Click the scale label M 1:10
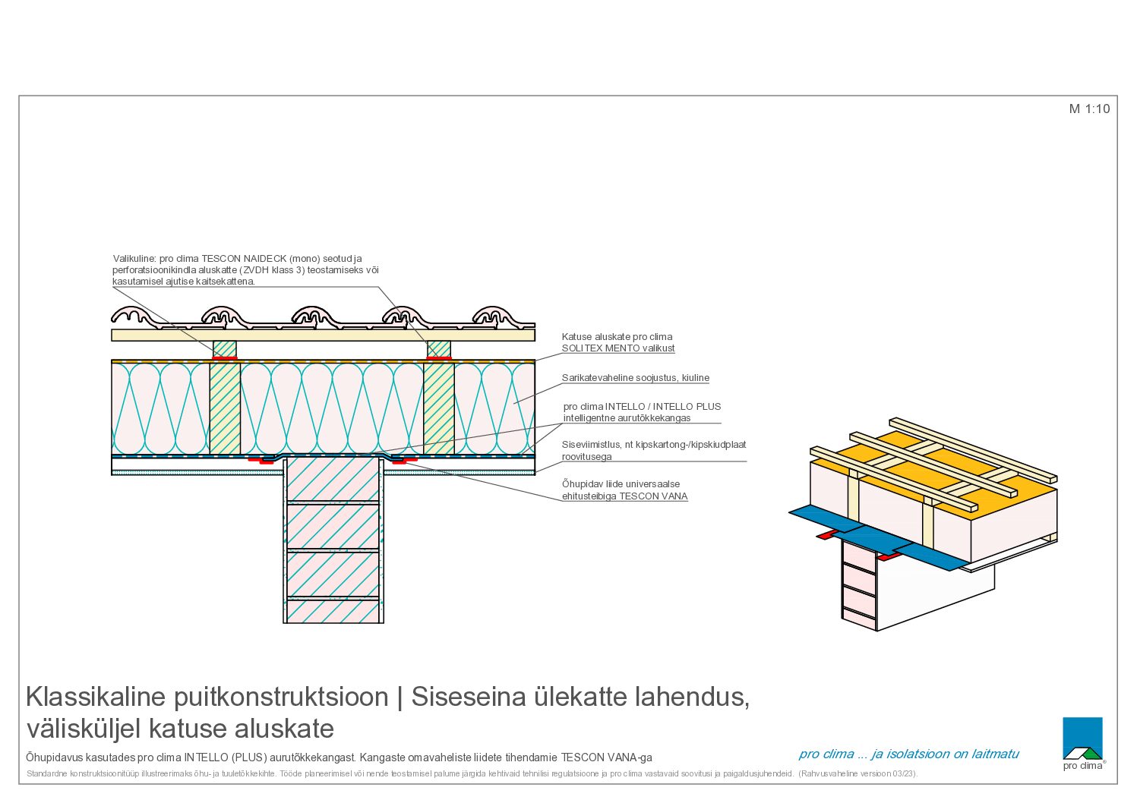click(x=1089, y=109)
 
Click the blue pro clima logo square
click(x=1082, y=738)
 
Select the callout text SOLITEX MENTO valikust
click(x=617, y=348)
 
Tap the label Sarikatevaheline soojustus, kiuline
click(x=635, y=377)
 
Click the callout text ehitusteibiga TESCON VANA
click(x=624, y=496)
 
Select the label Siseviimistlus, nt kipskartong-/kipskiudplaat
click(x=654, y=445)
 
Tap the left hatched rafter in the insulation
click(x=225, y=408)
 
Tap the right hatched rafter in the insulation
click(x=438, y=408)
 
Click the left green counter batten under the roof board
click(x=224, y=348)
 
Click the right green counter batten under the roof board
click(x=438, y=348)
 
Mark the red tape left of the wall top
click(x=261, y=460)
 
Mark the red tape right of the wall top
click(x=405, y=460)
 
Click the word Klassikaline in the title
click(x=96, y=697)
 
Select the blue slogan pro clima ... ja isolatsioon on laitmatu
click(x=908, y=754)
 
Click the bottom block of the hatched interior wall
click(x=333, y=611)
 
